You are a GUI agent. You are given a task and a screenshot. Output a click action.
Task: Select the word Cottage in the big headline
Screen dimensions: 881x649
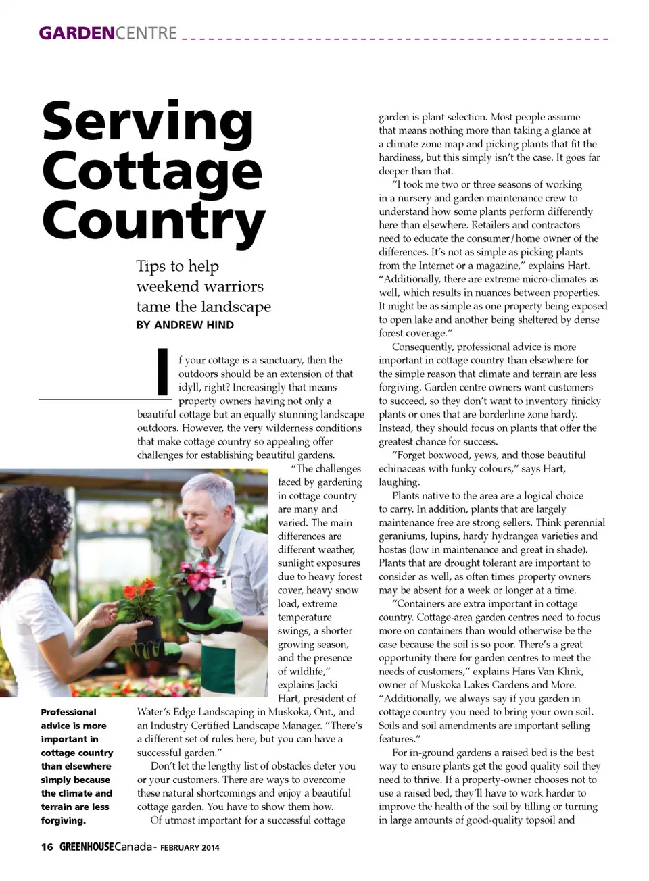pos(151,172)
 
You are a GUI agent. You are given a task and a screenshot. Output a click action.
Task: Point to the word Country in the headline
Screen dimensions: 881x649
pos(153,221)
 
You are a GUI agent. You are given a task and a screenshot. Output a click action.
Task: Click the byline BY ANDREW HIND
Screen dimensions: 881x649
pos(185,325)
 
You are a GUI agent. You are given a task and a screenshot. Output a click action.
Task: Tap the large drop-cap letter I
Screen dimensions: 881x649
pos(162,371)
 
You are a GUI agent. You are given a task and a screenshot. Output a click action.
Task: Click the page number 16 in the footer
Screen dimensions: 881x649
pos(47,847)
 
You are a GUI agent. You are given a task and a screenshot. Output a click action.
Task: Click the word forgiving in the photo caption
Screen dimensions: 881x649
pos(63,821)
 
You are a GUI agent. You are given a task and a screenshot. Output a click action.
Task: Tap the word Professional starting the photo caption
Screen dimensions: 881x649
pos(68,712)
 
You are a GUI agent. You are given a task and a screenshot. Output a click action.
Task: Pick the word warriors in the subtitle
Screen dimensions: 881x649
pos(231,286)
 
